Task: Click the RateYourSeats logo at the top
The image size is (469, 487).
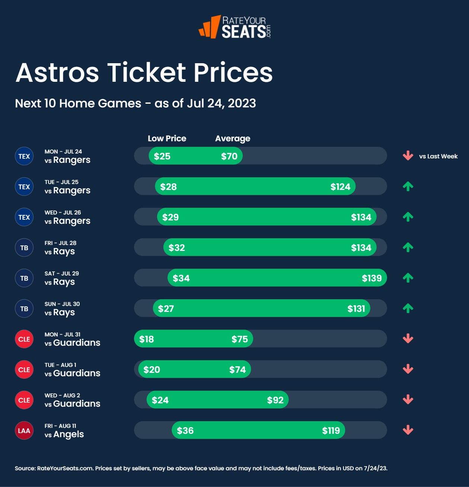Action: point(234,27)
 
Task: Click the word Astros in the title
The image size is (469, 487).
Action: point(57,72)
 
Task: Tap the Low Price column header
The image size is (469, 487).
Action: point(167,138)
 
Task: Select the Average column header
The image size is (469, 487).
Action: point(233,138)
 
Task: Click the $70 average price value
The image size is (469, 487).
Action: point(229,156)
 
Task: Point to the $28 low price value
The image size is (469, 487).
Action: point(168,187)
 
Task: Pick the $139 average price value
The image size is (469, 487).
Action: point(371,278)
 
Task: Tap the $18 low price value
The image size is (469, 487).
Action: point(147,339)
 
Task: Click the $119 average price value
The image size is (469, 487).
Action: point(331,430)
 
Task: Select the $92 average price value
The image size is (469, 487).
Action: point(275,400)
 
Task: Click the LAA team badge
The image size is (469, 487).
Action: point(24,430)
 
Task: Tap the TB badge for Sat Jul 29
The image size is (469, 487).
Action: point(24,278)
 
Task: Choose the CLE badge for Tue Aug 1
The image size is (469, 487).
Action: point(24,370)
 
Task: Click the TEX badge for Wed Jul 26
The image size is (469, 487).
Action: point(24,217)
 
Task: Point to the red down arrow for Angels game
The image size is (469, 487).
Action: point(408,430)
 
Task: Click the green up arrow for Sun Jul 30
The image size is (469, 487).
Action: point(408,308)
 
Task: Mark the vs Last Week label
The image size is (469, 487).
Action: point(438,156)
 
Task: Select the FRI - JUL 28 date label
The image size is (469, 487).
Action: point(60,243)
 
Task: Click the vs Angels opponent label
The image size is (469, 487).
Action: point(64,434)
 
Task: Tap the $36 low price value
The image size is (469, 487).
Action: point(185,430)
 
